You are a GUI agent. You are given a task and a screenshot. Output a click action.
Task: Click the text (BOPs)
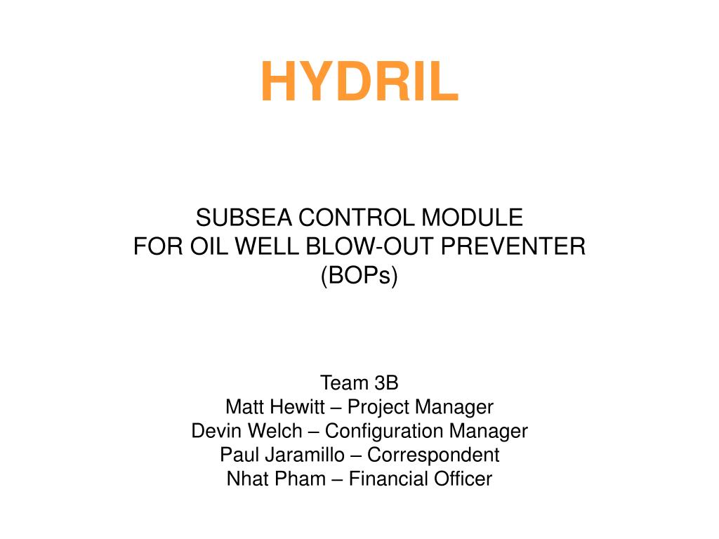pos(359,276)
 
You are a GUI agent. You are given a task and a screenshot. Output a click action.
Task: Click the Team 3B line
pos(359,382)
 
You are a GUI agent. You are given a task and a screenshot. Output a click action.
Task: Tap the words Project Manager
pos(421,406)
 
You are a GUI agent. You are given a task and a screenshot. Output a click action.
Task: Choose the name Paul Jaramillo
pos(282,455)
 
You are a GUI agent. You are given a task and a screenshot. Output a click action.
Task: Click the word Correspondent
pos(433,455)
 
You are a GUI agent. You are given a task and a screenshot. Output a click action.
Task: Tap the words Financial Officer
pos(421,479)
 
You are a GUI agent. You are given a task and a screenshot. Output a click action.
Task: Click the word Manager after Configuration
pos(489,430)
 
